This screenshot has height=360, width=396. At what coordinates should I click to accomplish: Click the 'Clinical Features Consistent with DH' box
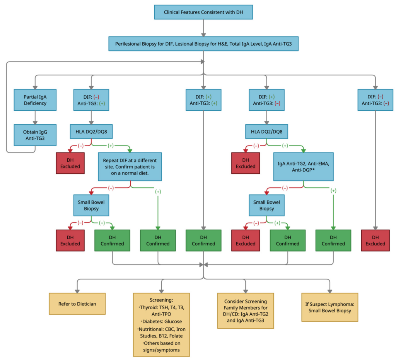pos(203,12)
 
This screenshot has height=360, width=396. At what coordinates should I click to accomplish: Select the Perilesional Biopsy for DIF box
pos(203,44)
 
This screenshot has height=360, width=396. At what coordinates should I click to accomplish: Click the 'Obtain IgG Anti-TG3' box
pos(35,135)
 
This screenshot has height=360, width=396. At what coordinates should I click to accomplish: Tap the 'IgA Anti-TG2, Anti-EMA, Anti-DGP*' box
pos(303,166)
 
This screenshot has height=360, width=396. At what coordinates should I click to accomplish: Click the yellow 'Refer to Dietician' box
pos(77,304)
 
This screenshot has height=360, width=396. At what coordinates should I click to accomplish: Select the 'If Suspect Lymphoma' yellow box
pos(329,307)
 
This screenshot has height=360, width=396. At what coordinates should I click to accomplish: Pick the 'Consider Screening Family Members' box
pos(246,310)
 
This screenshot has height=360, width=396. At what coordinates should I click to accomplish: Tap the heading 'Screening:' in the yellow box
pos(161,300)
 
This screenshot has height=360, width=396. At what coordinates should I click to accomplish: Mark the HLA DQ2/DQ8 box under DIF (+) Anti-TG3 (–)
pos(266,131)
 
